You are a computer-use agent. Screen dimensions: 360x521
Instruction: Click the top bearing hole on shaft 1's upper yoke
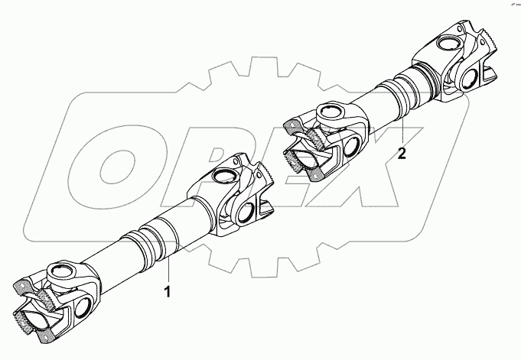(x=225, y=178)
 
